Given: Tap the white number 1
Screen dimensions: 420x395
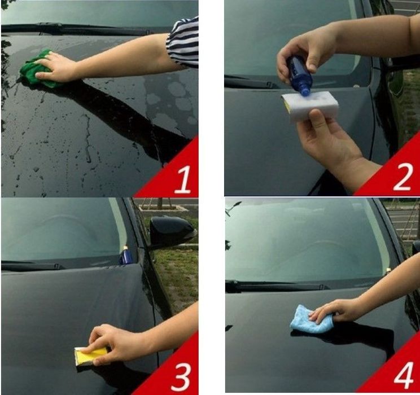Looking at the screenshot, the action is [x=183, y=179].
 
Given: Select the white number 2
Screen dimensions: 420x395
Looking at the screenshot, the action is [x=403, y=177].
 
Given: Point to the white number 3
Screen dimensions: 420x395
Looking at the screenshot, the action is [x=181, y=377].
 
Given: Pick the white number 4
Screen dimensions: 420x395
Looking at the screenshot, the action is [x=404, y=375].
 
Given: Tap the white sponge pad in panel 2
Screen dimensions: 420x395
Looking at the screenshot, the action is [x=310, y=106].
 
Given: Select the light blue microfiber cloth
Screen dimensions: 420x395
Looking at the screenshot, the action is [x=310, y=319].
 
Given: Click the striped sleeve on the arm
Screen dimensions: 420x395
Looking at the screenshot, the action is [x=183, y=42].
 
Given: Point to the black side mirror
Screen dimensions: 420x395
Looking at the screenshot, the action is [x=172, y=230].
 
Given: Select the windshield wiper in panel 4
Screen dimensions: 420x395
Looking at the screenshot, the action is [x=276, y=287].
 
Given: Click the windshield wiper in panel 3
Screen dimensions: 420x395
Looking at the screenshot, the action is [x=32, y=266].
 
